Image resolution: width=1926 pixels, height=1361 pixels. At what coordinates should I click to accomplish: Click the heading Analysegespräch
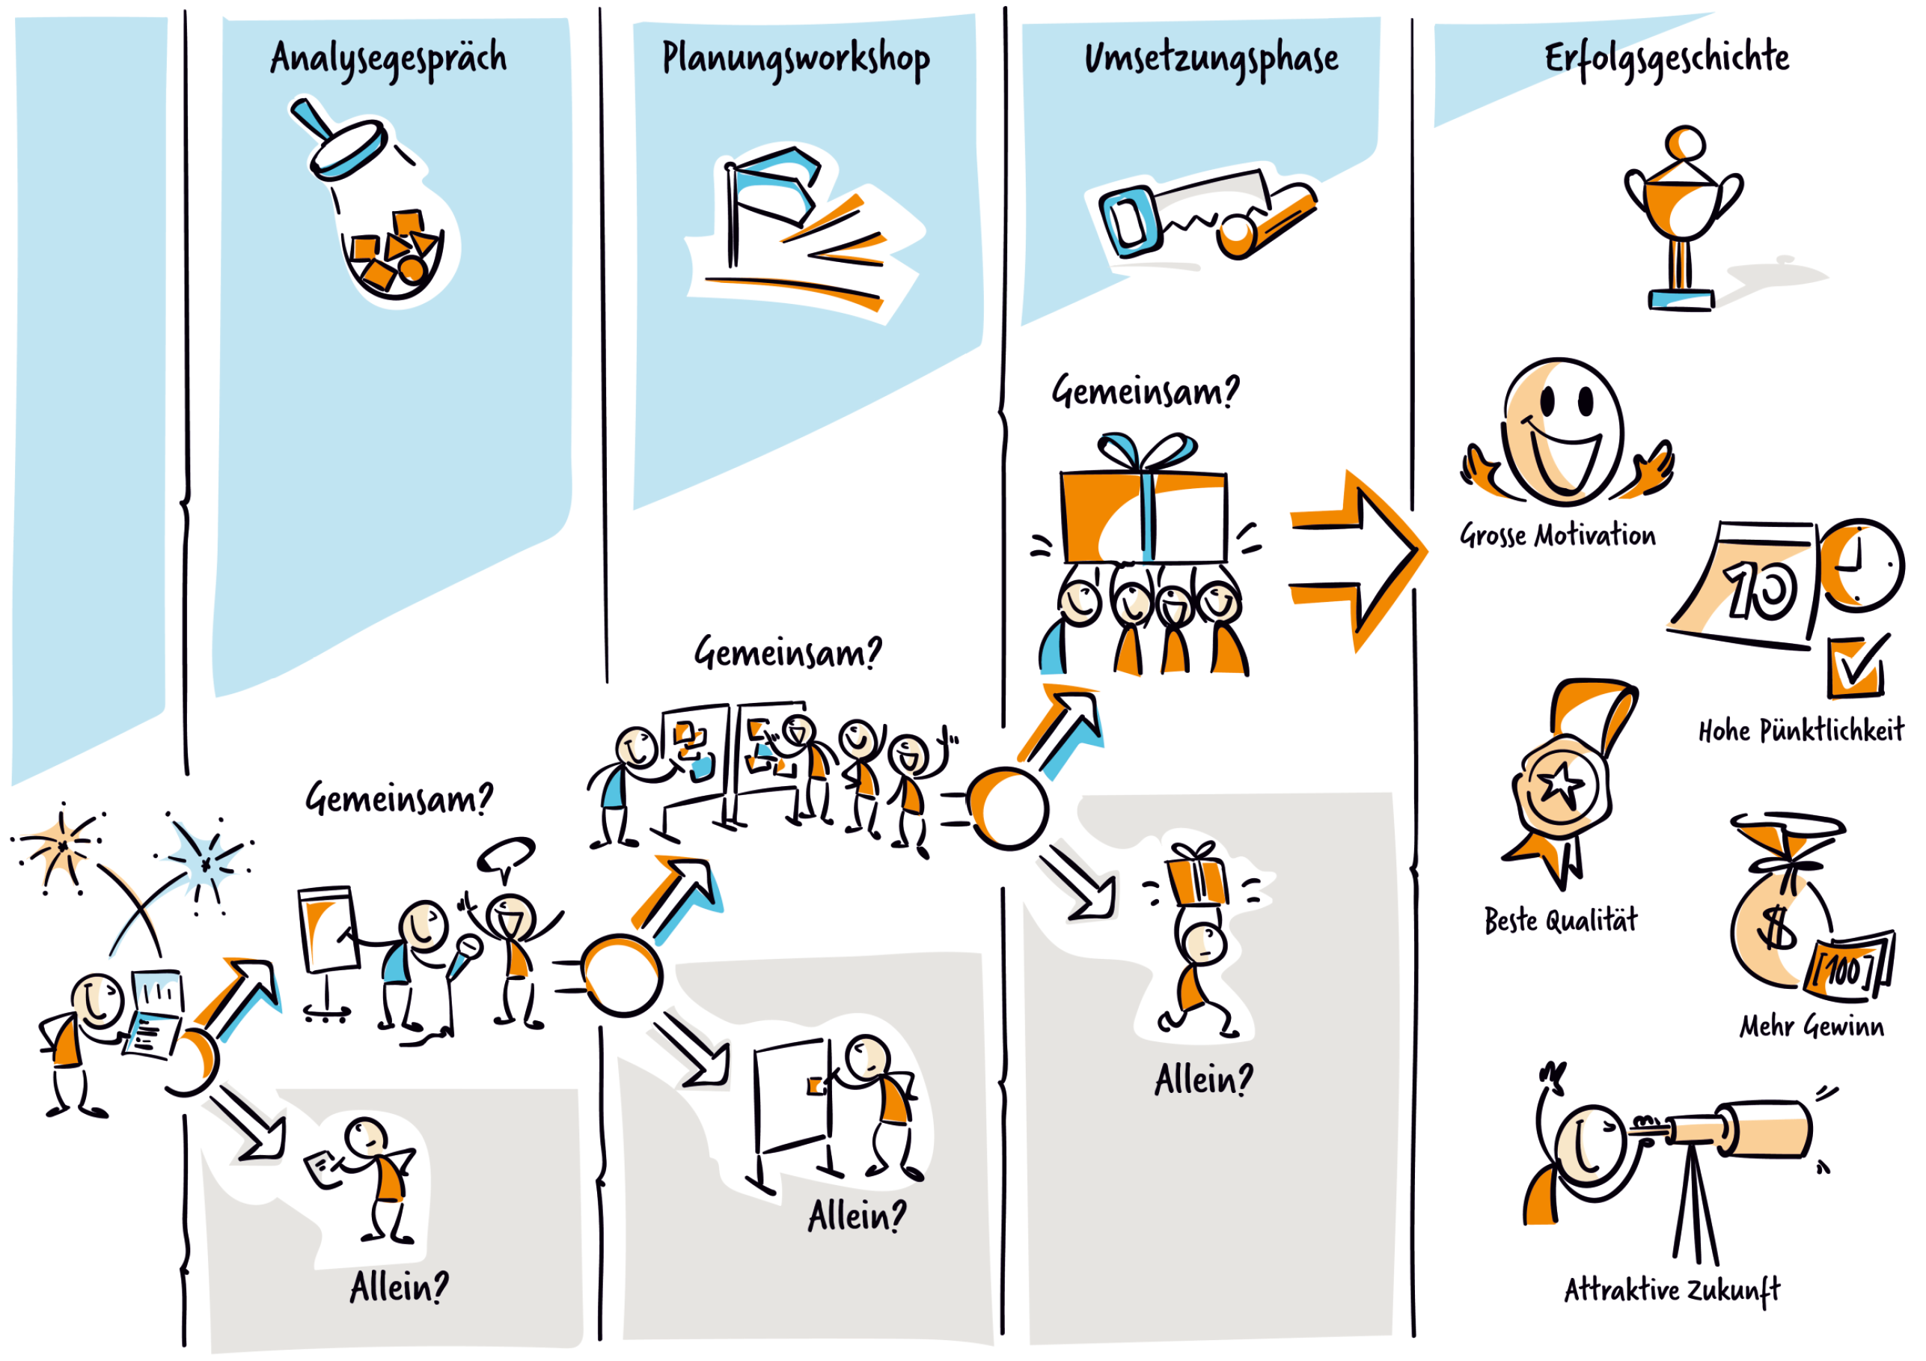click(x=388, y=58)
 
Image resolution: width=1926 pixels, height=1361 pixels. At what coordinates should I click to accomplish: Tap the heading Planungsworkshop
click(x=795, y=58)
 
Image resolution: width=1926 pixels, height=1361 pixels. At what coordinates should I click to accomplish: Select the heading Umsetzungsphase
click(x=1211, y=58)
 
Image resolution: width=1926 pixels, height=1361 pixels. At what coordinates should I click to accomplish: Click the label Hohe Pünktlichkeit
click(x=1800, y=731)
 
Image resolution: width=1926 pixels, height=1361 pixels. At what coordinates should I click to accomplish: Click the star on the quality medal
click(x=1560, y=785)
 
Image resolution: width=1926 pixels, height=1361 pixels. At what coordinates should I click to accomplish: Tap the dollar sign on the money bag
click(x=1775, y=928)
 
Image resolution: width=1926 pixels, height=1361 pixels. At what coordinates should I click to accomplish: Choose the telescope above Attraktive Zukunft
click(x=1740, y=1129)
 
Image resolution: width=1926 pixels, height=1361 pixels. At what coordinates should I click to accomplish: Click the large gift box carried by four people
click(x=1143, y=516)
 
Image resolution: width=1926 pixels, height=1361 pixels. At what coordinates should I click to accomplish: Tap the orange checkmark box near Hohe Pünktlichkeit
click(x=1856, y=667)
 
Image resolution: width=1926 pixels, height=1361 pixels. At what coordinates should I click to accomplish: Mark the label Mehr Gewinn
click(x=1810, y=1026)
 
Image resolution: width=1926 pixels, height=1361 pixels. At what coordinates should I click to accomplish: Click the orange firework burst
click(x=61, y=846)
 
